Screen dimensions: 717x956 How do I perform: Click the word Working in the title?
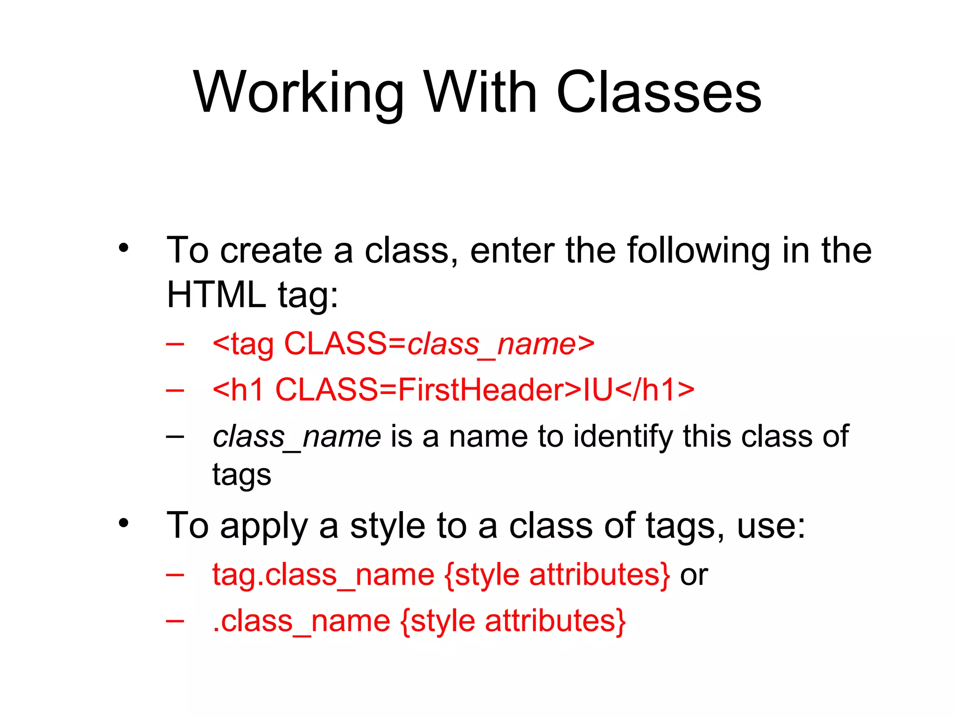pyautogui.click(x=299, y=93)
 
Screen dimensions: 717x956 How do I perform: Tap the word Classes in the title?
pyautogui.click(x=659, y=93)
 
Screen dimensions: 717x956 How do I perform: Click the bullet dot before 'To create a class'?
pyautogui.click(x=123, y=248)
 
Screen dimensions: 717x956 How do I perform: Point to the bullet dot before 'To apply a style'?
pyautogui.click(x=123, y=523)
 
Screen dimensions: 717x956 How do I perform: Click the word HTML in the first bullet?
pyautogui.click(x=216, y=295)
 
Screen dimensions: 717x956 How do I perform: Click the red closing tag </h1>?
pyautogui.click(x=654, y=390)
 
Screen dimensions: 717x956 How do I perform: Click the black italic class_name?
pyautogui.click(x=297, y=437)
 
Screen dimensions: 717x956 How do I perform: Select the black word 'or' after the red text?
pyautogui.click(x=694, y=575)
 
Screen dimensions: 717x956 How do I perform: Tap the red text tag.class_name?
pyautogui.click(x=323, y=575)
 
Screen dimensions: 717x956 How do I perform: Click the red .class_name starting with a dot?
pyautogui.click(x=301, y=622)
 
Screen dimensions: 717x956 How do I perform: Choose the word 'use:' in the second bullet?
pyautogui.click(x=771, y=526)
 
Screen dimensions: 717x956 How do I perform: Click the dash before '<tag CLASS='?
pyautogui.click(x=175, y=344)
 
